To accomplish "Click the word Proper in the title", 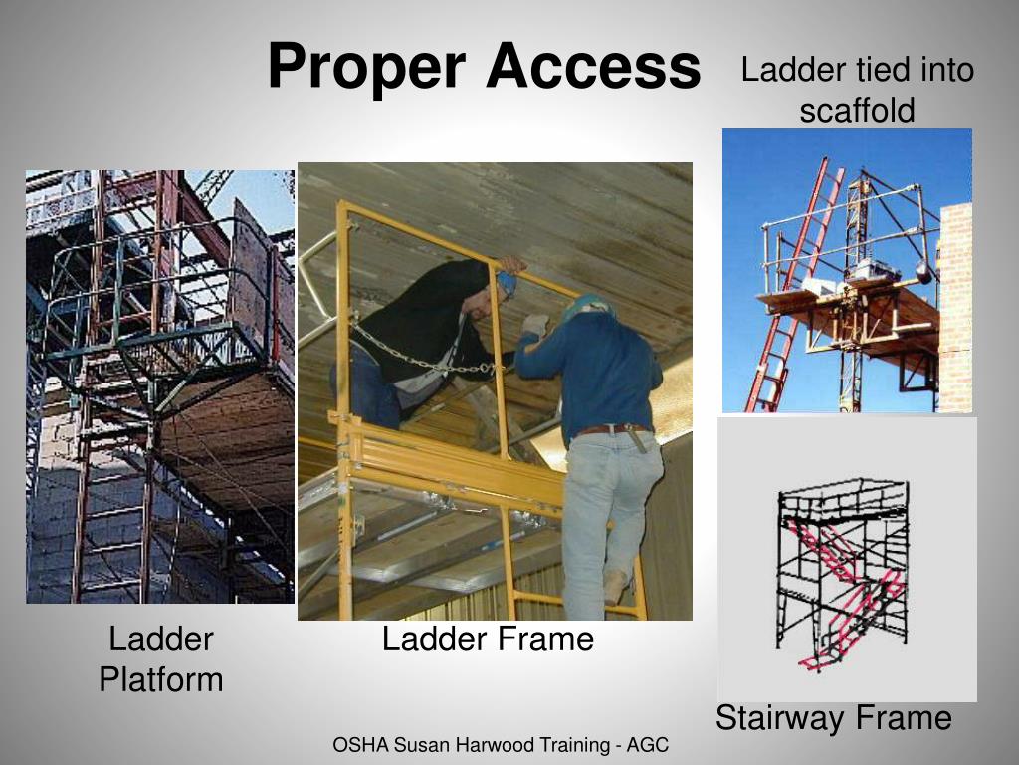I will [366, 68].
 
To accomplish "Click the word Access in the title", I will [593, 68].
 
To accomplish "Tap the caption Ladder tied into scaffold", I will [857, 90].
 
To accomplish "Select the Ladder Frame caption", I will [488, 638].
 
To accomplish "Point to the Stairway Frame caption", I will [834, 717].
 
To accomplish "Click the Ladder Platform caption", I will [160, 658].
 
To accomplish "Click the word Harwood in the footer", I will [480, 744].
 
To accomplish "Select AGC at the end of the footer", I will [648, 744].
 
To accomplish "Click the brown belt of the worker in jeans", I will [612, 430].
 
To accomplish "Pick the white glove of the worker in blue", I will [536, 325].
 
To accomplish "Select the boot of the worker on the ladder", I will [616, 586].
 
